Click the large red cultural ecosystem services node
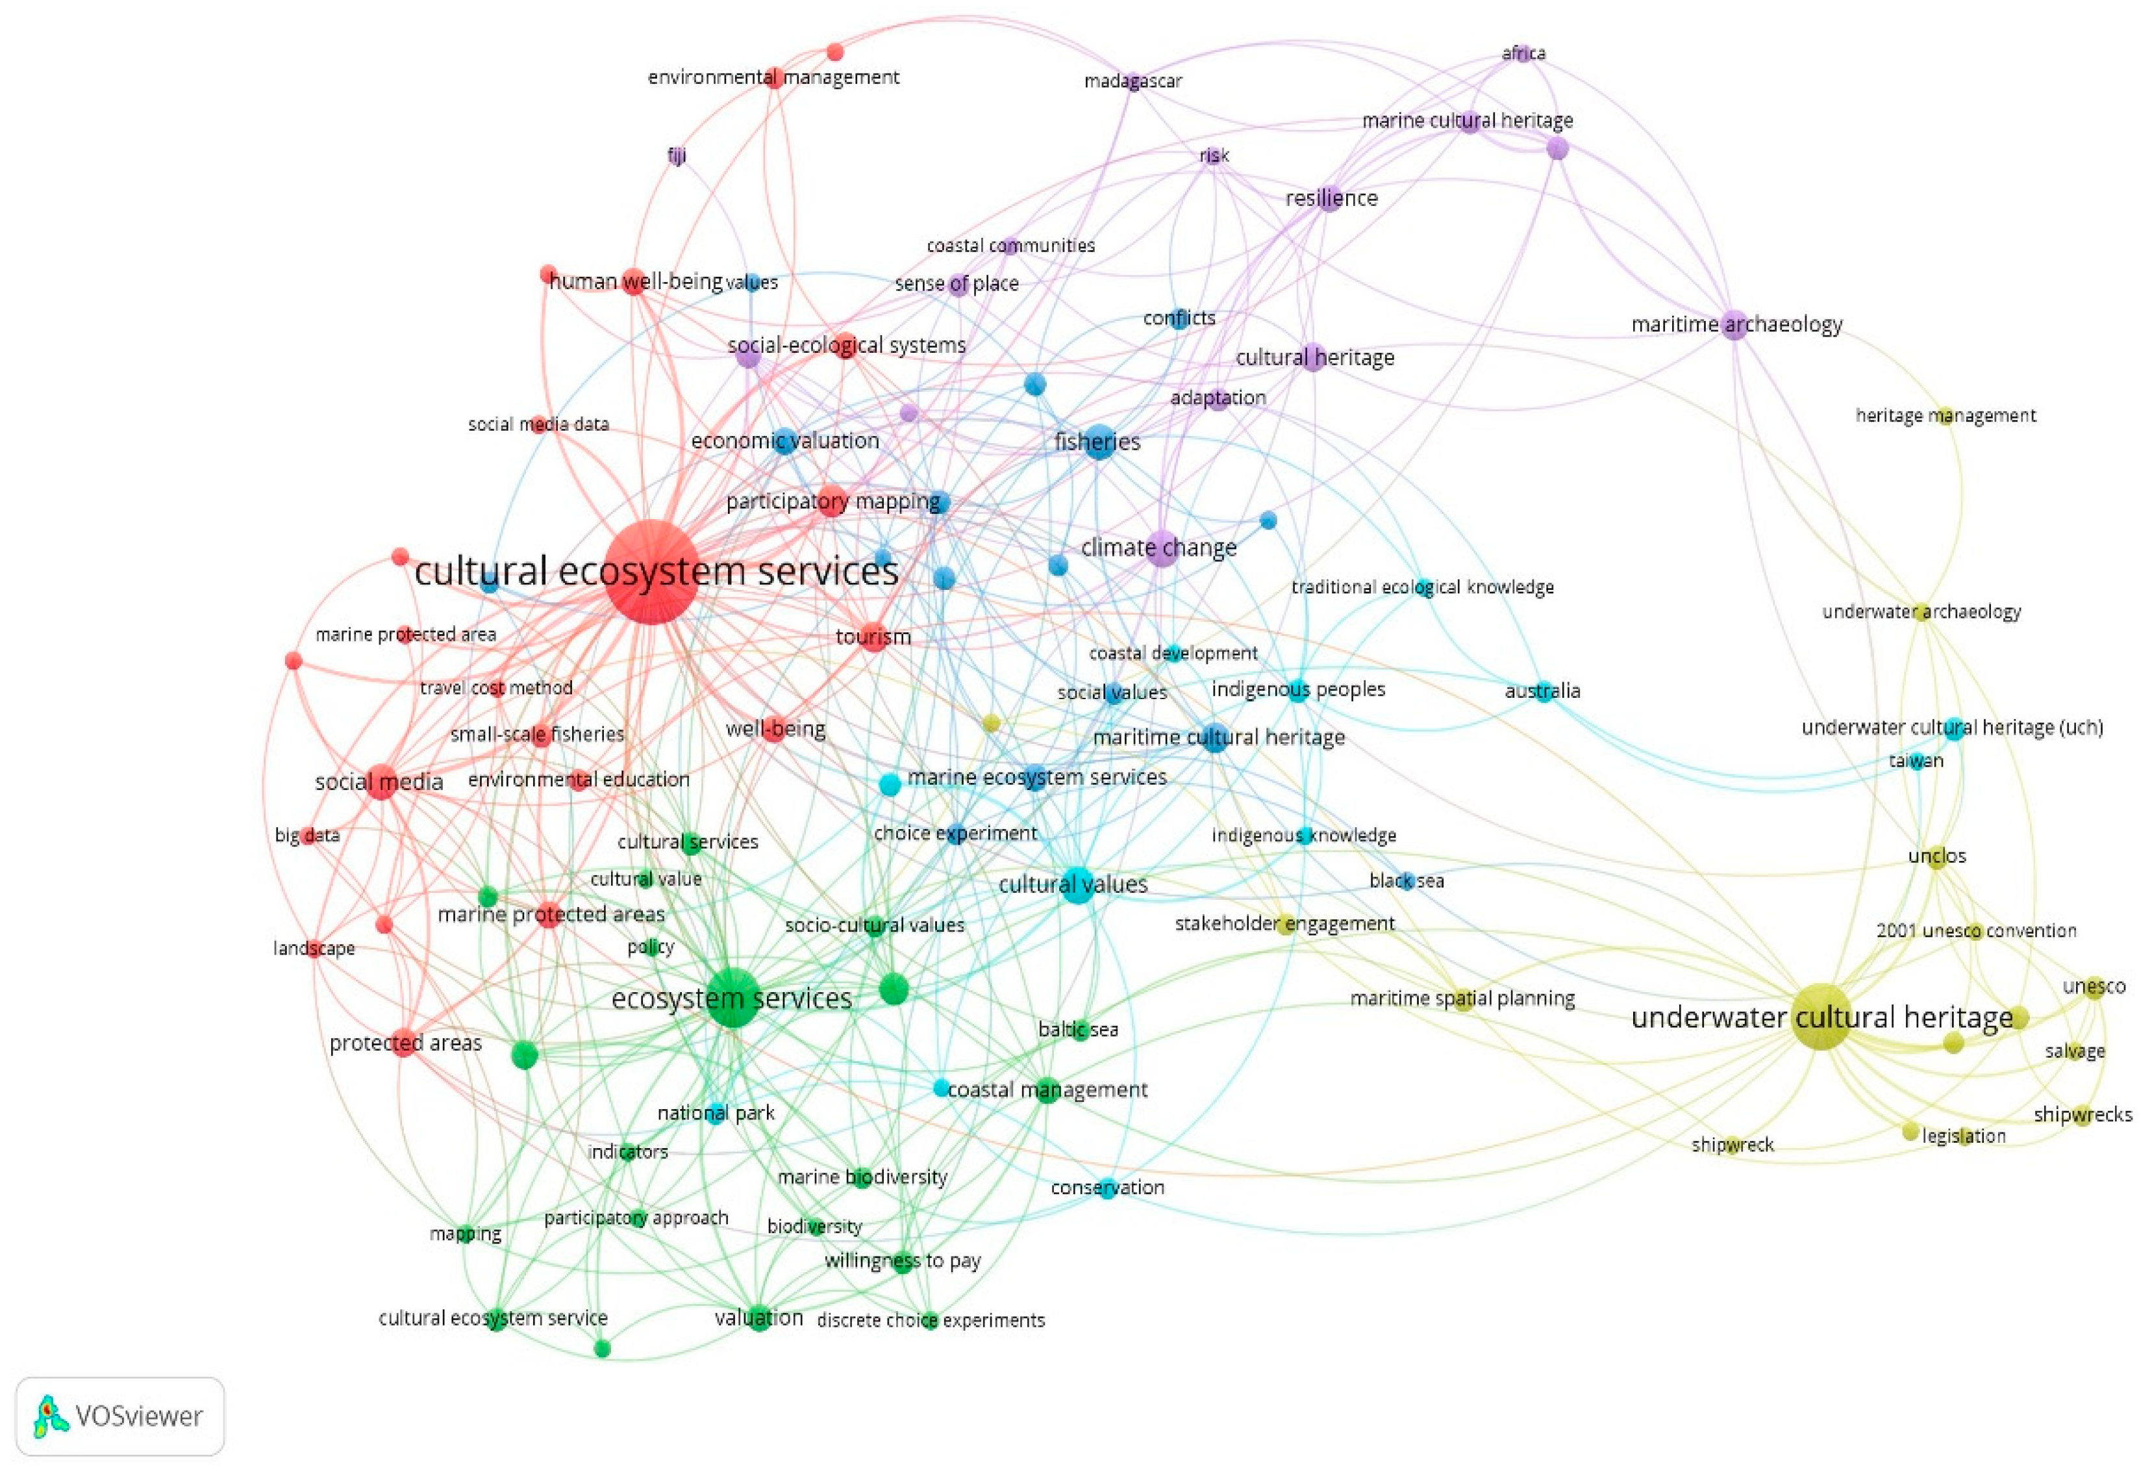click(x=652, y=572)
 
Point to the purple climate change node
click(x=1160, y=548)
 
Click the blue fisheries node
click(x=1098, y=442)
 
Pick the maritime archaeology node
click(x=1734, y=324)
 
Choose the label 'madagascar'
click(x=1132, y=81)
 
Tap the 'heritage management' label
click(x=1945, y=416)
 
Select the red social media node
click(x=380, y=782)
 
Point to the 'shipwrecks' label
click(x=2083, y=1114)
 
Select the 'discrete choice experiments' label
click(x=930, y=1320)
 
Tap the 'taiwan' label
click(x=1916, y=761)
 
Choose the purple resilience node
click(x=1330, y=198)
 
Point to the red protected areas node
click(x=404, y=1042)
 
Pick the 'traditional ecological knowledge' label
click(x=1421, y=587)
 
